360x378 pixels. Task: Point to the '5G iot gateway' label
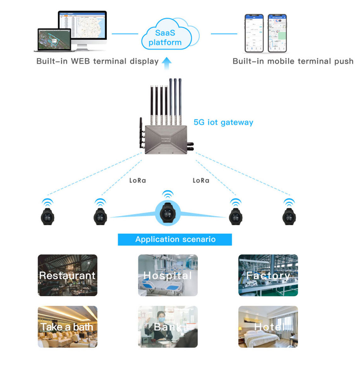click(x=223, y=122)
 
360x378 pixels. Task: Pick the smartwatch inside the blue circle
click(x=168, y=213)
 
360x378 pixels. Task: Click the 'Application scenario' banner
click(x=175, y=239)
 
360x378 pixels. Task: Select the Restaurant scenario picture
click(x=68, y=275)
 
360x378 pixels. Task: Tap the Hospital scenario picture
click(x=168, y=275)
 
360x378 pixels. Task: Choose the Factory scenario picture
click(x=268, y=275)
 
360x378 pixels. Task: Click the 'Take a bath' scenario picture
click(x=68, y=327)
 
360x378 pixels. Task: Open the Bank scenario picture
click(x=168, y=327)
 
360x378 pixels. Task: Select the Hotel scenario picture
click(x=268, y=327)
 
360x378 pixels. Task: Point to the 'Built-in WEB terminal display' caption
click(x=97, y=61)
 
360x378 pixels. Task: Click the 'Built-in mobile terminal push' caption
click(x=293, y=61)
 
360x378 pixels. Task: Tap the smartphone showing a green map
click(x=277, y=33)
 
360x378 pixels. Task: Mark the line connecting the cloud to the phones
click(x=224, y=34)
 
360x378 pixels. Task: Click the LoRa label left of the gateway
click(x=138, y=181)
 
